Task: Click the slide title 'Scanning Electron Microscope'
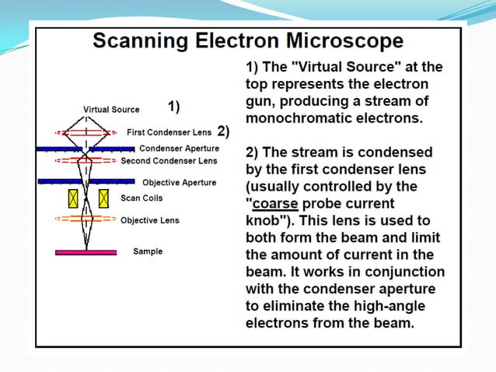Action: pyautogui.click(x=247, y=40)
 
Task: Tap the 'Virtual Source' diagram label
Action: pyautogui.click(x=111, y=110)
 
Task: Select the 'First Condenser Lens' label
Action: pyautogui.click(x=168, y=132)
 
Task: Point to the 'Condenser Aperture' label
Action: pyautogui.click(x=179, y=148)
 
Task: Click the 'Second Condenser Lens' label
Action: pyautogui.click(x=169, y=161)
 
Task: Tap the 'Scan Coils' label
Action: pyautogui.click(x=141, y=198)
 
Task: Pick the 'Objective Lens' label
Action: pyautogui.click(x=149, y=220)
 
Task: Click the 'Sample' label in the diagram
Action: pyautogui.click(x=148, y=252)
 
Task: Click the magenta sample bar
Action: pyautogui.click(x=86, y=252)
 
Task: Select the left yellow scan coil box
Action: pyautogui.click(x=74, y=198)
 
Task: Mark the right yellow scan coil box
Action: pyautogui.click(x=103, y=198)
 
